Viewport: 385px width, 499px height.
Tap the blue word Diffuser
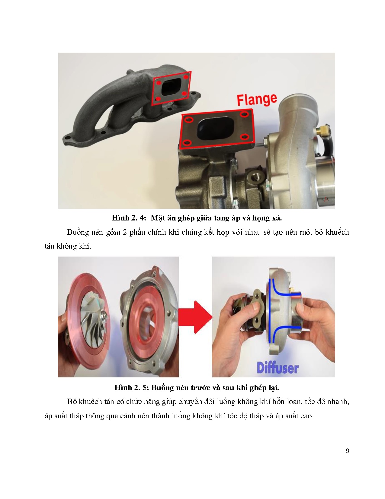click(x=278, y=368)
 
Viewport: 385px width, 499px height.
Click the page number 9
click(x=347, y=451)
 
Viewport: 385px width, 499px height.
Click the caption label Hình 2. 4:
click(x=129, y=218)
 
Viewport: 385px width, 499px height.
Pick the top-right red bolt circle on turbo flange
click(x=244, y=114)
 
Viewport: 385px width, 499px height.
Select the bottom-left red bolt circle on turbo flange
click(x=188, y=143)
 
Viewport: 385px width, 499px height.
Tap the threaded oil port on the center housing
click(x=255, y=177)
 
